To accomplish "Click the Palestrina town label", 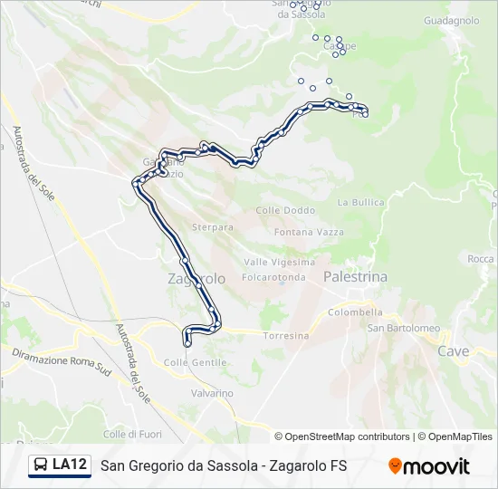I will pos(354,276).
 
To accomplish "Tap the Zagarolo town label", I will pos(196,279).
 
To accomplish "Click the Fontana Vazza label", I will pos(310,233).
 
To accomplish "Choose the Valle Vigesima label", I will pos(280,262).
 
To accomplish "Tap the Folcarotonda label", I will pos(273,276).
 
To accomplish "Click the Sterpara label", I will pos(213,227).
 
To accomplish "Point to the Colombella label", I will pos(355,312).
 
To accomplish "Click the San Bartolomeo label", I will pos(403,328).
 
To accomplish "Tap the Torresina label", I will pos(285,335).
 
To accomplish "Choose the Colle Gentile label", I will pos(195,362).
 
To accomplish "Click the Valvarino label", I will pos(212,393).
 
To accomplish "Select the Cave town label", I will pos(453,350).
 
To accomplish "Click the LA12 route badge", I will pos(61,465).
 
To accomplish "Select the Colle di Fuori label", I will pos(132,434).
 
